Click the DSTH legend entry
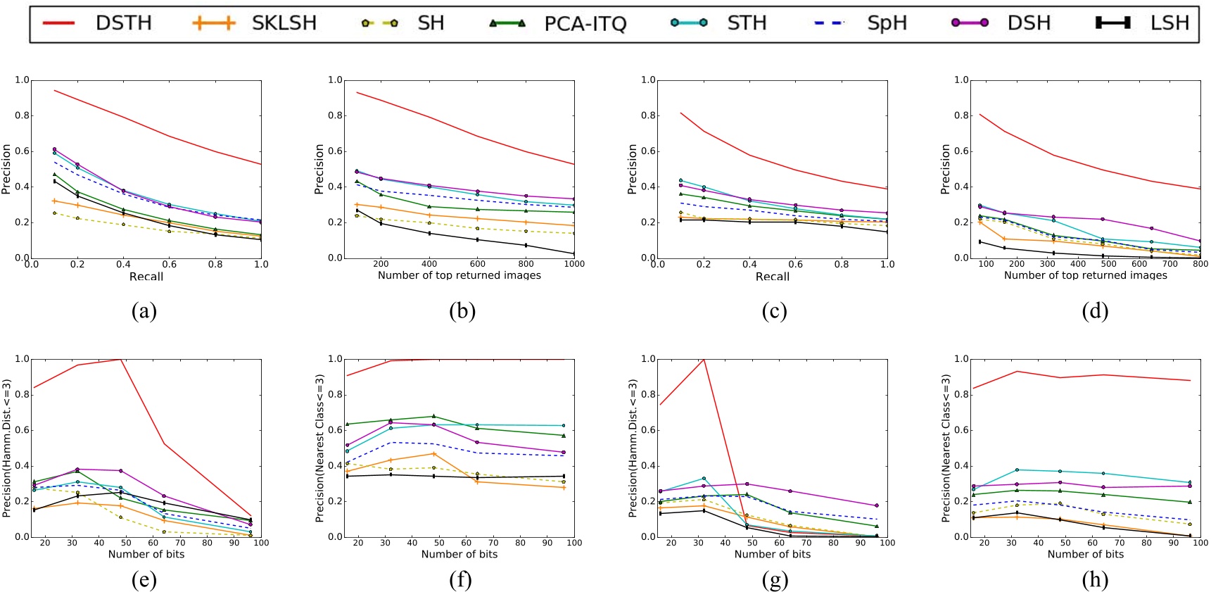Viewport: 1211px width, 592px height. point(123,23)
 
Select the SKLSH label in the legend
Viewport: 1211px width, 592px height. point(284,23)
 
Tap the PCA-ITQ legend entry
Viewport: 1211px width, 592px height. point(585,24)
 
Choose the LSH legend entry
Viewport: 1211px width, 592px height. point(1169,23)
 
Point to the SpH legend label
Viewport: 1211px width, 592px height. point(887,23)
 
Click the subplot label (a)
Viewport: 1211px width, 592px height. point(144,311)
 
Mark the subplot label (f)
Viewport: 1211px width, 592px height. point(460,580)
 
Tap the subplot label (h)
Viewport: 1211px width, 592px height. point(1095,580)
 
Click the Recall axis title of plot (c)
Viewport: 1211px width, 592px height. point(772,276)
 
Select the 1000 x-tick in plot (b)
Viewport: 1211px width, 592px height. point(574,264)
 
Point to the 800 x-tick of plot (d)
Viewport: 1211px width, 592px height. point(1200,264)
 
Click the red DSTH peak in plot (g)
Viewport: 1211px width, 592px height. point(704,360)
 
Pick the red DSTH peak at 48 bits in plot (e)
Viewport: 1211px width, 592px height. point(121,360)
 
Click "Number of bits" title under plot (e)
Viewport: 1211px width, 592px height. point(146,554)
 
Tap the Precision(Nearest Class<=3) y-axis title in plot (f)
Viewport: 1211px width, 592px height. point(319,448)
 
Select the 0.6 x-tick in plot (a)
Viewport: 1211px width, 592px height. point(169,264)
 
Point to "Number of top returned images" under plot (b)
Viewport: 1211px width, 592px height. point(459,275)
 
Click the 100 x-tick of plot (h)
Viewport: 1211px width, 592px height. point(1200,543)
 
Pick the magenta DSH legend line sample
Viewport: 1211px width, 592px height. point(970,23)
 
